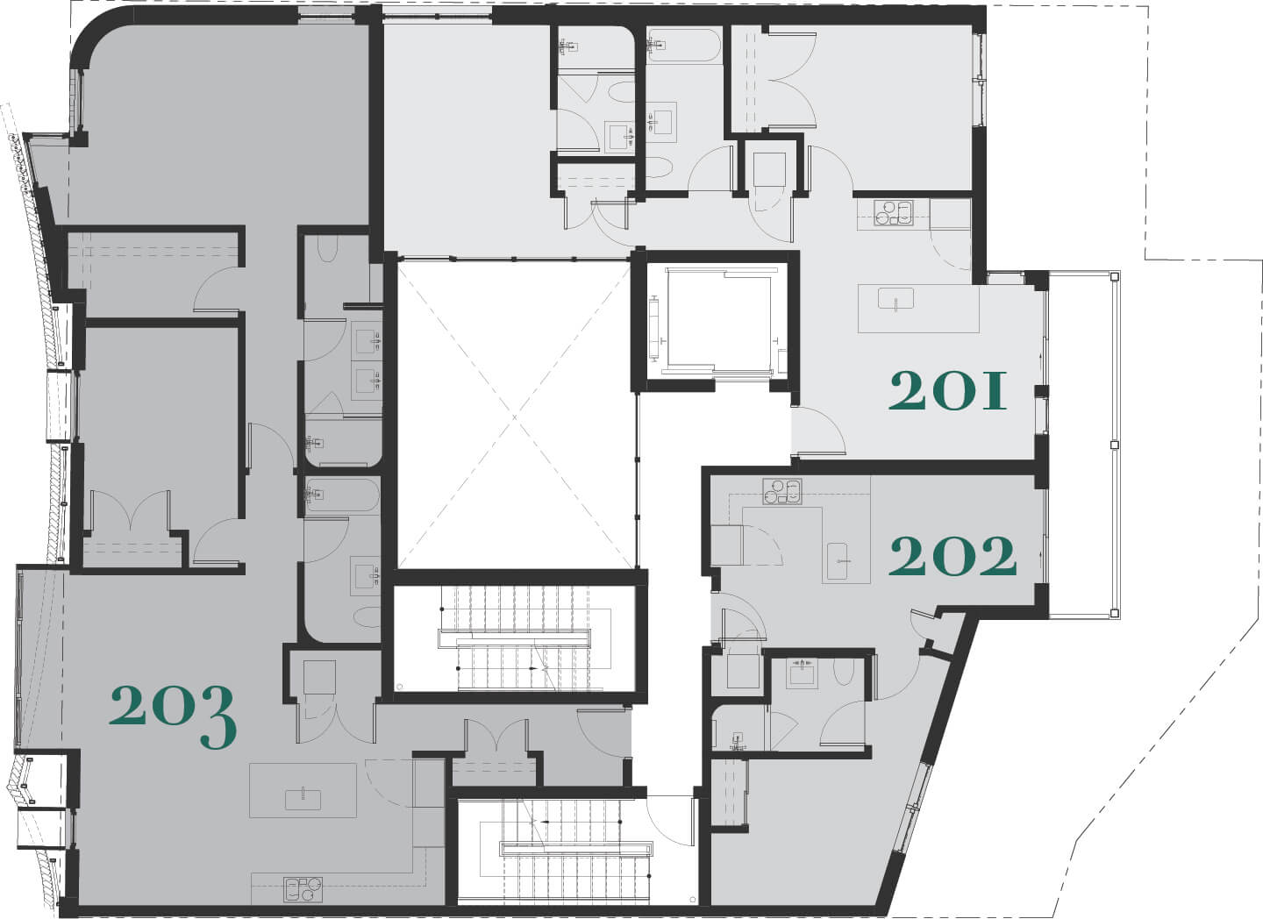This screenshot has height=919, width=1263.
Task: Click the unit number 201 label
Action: tap(947, 391)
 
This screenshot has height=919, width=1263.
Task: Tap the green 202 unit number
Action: tap(953, 557)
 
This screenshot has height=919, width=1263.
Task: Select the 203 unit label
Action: tap(173, 716)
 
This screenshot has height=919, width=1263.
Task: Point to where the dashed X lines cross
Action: tap(515, 417)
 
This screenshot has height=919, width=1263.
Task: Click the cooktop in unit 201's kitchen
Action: tap(893, 213)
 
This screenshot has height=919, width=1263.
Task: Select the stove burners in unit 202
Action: tap(782, 491)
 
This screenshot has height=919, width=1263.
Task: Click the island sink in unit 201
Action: tap(896, 298)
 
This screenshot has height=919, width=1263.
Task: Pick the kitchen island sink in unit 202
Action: tap(837, 561)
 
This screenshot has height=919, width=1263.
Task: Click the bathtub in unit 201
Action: tap(683, 45)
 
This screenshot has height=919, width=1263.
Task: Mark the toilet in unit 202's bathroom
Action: tap(844, 672)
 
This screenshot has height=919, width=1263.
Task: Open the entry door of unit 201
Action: tap(818, 431)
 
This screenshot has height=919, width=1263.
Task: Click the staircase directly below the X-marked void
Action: tap(514, 638)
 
